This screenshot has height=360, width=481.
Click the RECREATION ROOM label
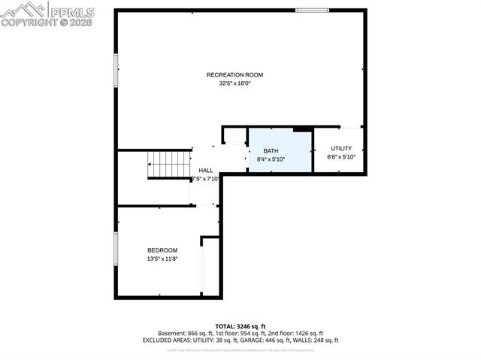click(234, 74)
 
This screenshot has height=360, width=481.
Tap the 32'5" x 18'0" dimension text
click(234, 83)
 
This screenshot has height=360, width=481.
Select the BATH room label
click(271, 151)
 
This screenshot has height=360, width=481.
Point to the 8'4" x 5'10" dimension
click(271, 159)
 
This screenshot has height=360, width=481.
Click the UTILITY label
click(340, 149)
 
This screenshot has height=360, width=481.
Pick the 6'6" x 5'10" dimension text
click(340, 158)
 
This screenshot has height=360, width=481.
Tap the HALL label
click(205, 171)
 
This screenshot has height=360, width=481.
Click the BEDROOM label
click(162, 250)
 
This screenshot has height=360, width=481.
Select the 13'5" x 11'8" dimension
click(162, 259)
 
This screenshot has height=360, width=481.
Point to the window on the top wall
click(311, 11)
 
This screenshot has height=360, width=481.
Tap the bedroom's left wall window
click(116, 250)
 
